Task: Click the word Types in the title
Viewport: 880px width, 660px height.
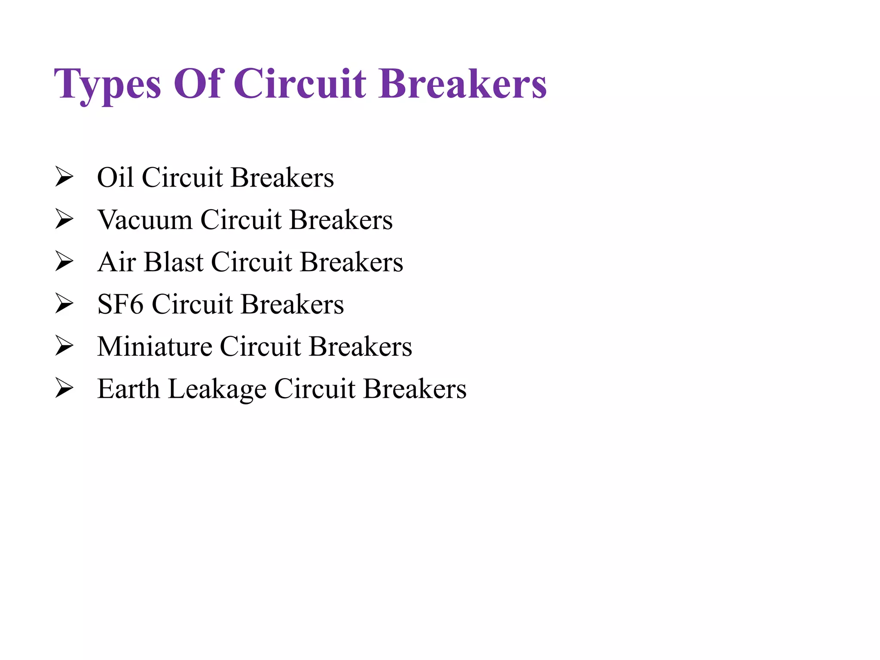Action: point(107,84)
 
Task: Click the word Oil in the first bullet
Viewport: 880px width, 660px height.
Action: point(115,177)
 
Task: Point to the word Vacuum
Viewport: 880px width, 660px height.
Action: point(145,220)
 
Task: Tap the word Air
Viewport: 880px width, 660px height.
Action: point(116,262)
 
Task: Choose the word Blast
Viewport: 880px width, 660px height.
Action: point(174,262)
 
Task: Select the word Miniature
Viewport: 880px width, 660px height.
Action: point(155,346)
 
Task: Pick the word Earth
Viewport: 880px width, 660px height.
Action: point(128,388)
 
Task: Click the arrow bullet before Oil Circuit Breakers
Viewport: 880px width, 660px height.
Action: point(64,177)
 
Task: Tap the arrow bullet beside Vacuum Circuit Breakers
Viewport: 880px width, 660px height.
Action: point(64,219)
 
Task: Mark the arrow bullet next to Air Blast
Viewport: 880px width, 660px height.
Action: point(64,262)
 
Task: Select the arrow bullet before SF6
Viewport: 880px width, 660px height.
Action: point(64,304)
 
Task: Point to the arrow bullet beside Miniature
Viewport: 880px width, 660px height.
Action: point(64,346)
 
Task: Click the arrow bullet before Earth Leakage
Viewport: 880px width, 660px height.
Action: point(64,388)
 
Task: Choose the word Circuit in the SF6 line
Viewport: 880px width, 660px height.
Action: point(192,304)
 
